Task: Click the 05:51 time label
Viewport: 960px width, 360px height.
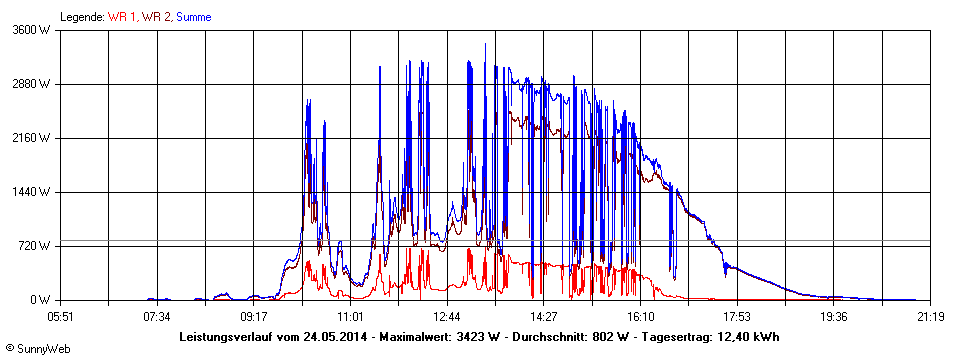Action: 61,317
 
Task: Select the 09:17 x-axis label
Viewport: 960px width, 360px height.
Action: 254,317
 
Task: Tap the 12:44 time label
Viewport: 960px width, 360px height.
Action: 447,317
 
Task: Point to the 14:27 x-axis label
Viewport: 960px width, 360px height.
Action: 543,317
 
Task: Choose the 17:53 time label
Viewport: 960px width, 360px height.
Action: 737,317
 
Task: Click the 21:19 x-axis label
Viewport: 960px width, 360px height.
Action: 930,317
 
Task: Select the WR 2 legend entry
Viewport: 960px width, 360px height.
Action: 155,17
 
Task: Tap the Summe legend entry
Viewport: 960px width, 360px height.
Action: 193,17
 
